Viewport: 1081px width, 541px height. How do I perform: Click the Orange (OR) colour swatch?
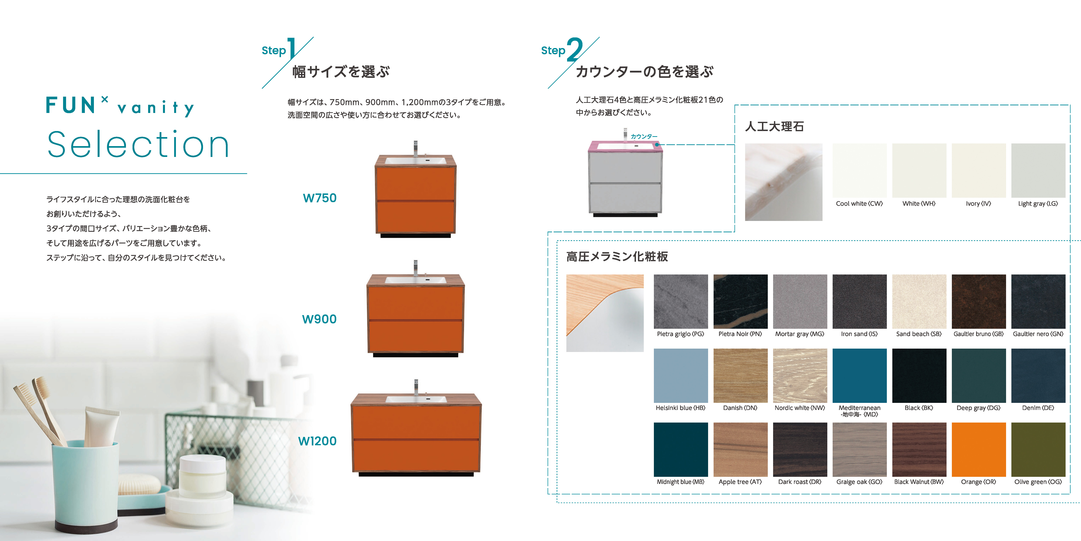979,450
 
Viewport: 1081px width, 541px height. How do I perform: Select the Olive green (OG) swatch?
1038,450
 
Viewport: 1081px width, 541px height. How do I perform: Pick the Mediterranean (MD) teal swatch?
859,376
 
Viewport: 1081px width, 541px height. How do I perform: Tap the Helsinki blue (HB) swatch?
681,376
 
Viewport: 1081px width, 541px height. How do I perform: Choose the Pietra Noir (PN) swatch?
740,302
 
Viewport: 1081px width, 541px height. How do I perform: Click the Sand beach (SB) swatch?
919,302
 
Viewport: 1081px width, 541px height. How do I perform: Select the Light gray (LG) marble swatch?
1038,171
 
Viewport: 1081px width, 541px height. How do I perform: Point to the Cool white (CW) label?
859,204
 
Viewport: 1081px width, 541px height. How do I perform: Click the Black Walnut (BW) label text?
919,482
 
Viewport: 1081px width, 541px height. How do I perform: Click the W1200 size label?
317,441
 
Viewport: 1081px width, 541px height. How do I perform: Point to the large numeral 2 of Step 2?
575,50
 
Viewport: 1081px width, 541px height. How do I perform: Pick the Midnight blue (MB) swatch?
681,450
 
